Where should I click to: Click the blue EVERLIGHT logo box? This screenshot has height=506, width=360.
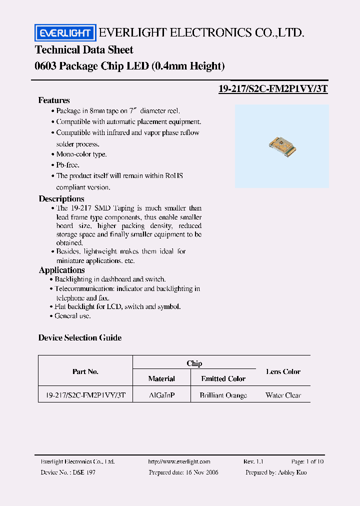(64, 33)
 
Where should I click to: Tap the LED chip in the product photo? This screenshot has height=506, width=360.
(281, 145)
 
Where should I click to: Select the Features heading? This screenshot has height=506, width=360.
(54, 100)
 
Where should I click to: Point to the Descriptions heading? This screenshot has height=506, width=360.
(61, 198)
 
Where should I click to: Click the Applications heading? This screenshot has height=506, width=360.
(62, 270)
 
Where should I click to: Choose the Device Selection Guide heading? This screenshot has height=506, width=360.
(80, 338)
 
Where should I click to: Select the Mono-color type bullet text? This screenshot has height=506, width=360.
(81, 154)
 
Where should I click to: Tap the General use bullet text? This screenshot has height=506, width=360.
(73, 316)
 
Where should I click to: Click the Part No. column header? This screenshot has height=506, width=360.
(85, 371)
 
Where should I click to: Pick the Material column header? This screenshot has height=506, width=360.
(161, 379)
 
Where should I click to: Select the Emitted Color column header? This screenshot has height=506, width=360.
(223, 379)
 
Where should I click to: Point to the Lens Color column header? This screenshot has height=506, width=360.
(283, 371)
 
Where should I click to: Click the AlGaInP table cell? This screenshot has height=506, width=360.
(161, 395)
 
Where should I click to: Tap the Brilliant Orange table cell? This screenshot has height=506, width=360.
(223, 395)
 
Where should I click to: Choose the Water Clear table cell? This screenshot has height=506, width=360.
(283, 395)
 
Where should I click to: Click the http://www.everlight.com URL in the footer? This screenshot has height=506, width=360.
(179, 462)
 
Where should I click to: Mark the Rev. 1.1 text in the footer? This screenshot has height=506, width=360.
(253, 462)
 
